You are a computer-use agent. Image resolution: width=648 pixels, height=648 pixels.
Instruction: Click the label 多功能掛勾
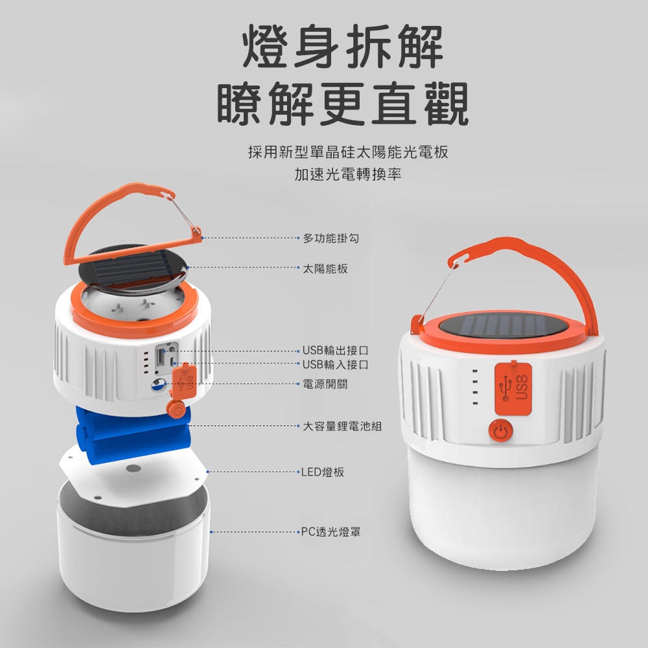coord(331,238)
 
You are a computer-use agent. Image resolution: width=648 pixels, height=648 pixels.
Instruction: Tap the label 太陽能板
coord(325,269)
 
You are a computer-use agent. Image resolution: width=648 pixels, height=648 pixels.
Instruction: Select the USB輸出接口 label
coord(335,351)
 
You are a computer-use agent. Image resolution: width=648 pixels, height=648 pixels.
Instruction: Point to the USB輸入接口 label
coord(335,364)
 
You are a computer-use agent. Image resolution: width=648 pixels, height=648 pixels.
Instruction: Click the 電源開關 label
coord(325,384)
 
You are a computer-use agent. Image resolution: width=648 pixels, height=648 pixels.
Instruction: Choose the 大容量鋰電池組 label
coord(342,426)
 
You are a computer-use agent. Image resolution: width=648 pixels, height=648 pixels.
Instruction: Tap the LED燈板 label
coord(322,472)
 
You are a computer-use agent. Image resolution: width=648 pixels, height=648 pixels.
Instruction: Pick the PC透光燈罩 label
coord(330,531)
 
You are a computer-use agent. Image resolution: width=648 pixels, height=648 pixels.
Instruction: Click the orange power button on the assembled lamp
coord(500,430)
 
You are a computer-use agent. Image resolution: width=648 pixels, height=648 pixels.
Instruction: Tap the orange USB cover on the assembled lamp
coord(513,388)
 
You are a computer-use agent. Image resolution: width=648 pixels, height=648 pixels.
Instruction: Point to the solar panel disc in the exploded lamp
coord(132,269)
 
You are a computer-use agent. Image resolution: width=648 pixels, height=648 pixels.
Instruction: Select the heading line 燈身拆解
coord(343,46)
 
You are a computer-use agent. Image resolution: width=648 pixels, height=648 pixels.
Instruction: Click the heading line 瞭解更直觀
coord(343,103)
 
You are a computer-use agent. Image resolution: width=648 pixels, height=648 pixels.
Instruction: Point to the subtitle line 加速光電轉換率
coord(348,174)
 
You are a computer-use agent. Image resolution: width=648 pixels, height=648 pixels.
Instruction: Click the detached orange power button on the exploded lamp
coord(176,409)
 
